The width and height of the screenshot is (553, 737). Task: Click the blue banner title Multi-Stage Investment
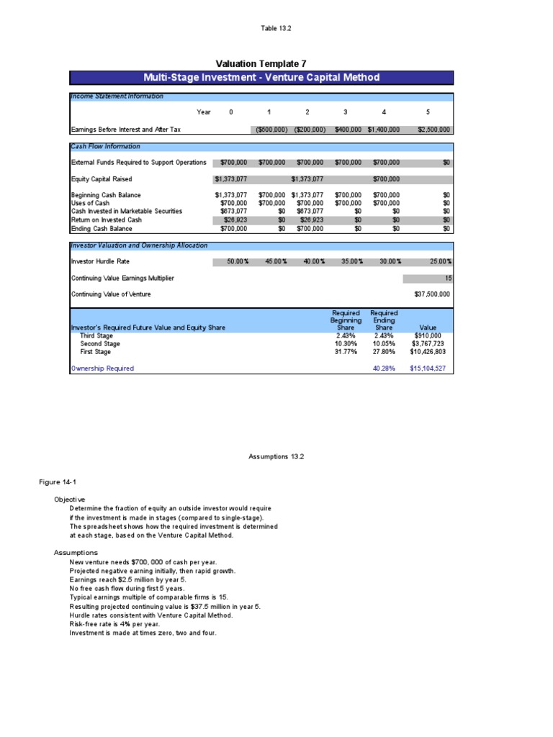261,78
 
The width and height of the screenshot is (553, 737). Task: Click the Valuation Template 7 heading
261,63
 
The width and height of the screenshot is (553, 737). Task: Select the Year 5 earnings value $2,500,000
434,130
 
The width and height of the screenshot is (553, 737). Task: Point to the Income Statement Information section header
117,96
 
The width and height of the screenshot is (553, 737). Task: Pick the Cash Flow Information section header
106,146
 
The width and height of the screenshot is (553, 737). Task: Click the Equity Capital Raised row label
102,178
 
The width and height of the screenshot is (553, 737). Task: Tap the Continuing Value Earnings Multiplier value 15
446,278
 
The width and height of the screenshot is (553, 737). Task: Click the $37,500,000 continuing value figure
432,294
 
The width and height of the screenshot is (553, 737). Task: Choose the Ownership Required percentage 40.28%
383,368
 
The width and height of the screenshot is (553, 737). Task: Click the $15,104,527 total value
430,368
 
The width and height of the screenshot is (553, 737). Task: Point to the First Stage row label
95,351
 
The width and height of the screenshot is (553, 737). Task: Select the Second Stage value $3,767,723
431,343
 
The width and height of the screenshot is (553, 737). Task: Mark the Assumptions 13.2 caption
276,456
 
